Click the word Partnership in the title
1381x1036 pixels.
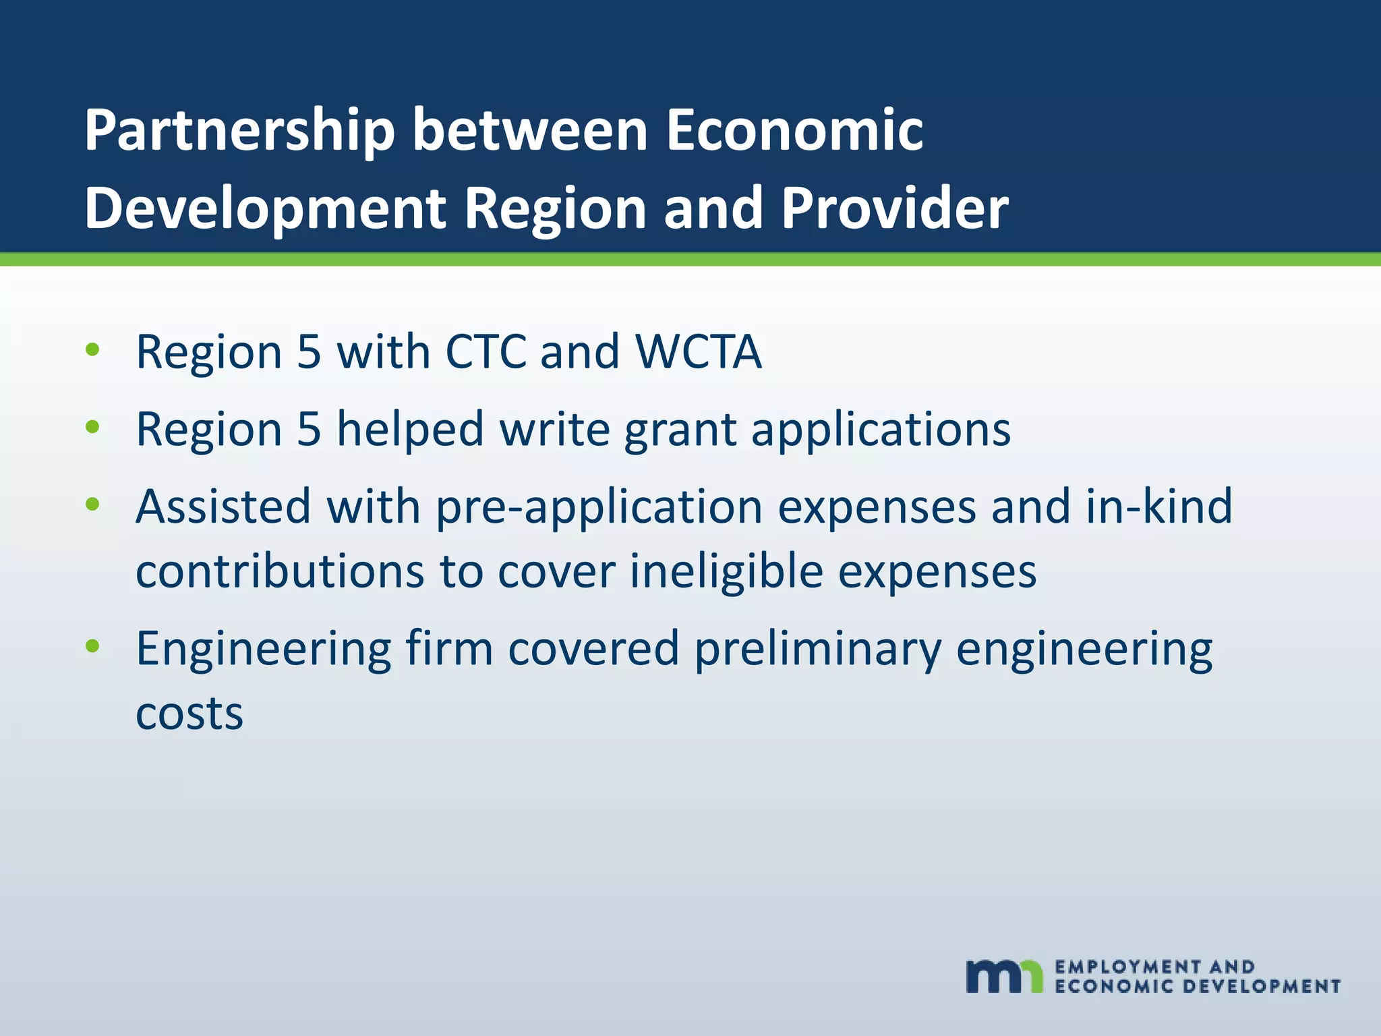click(239, 132)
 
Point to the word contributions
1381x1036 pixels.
click(280, 571)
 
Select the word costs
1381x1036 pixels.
click(189, 714)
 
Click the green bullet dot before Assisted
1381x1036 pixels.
click(93, 504)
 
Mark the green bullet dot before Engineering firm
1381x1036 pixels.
click(93, 646)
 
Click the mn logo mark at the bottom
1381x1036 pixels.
click(1004, 976)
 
